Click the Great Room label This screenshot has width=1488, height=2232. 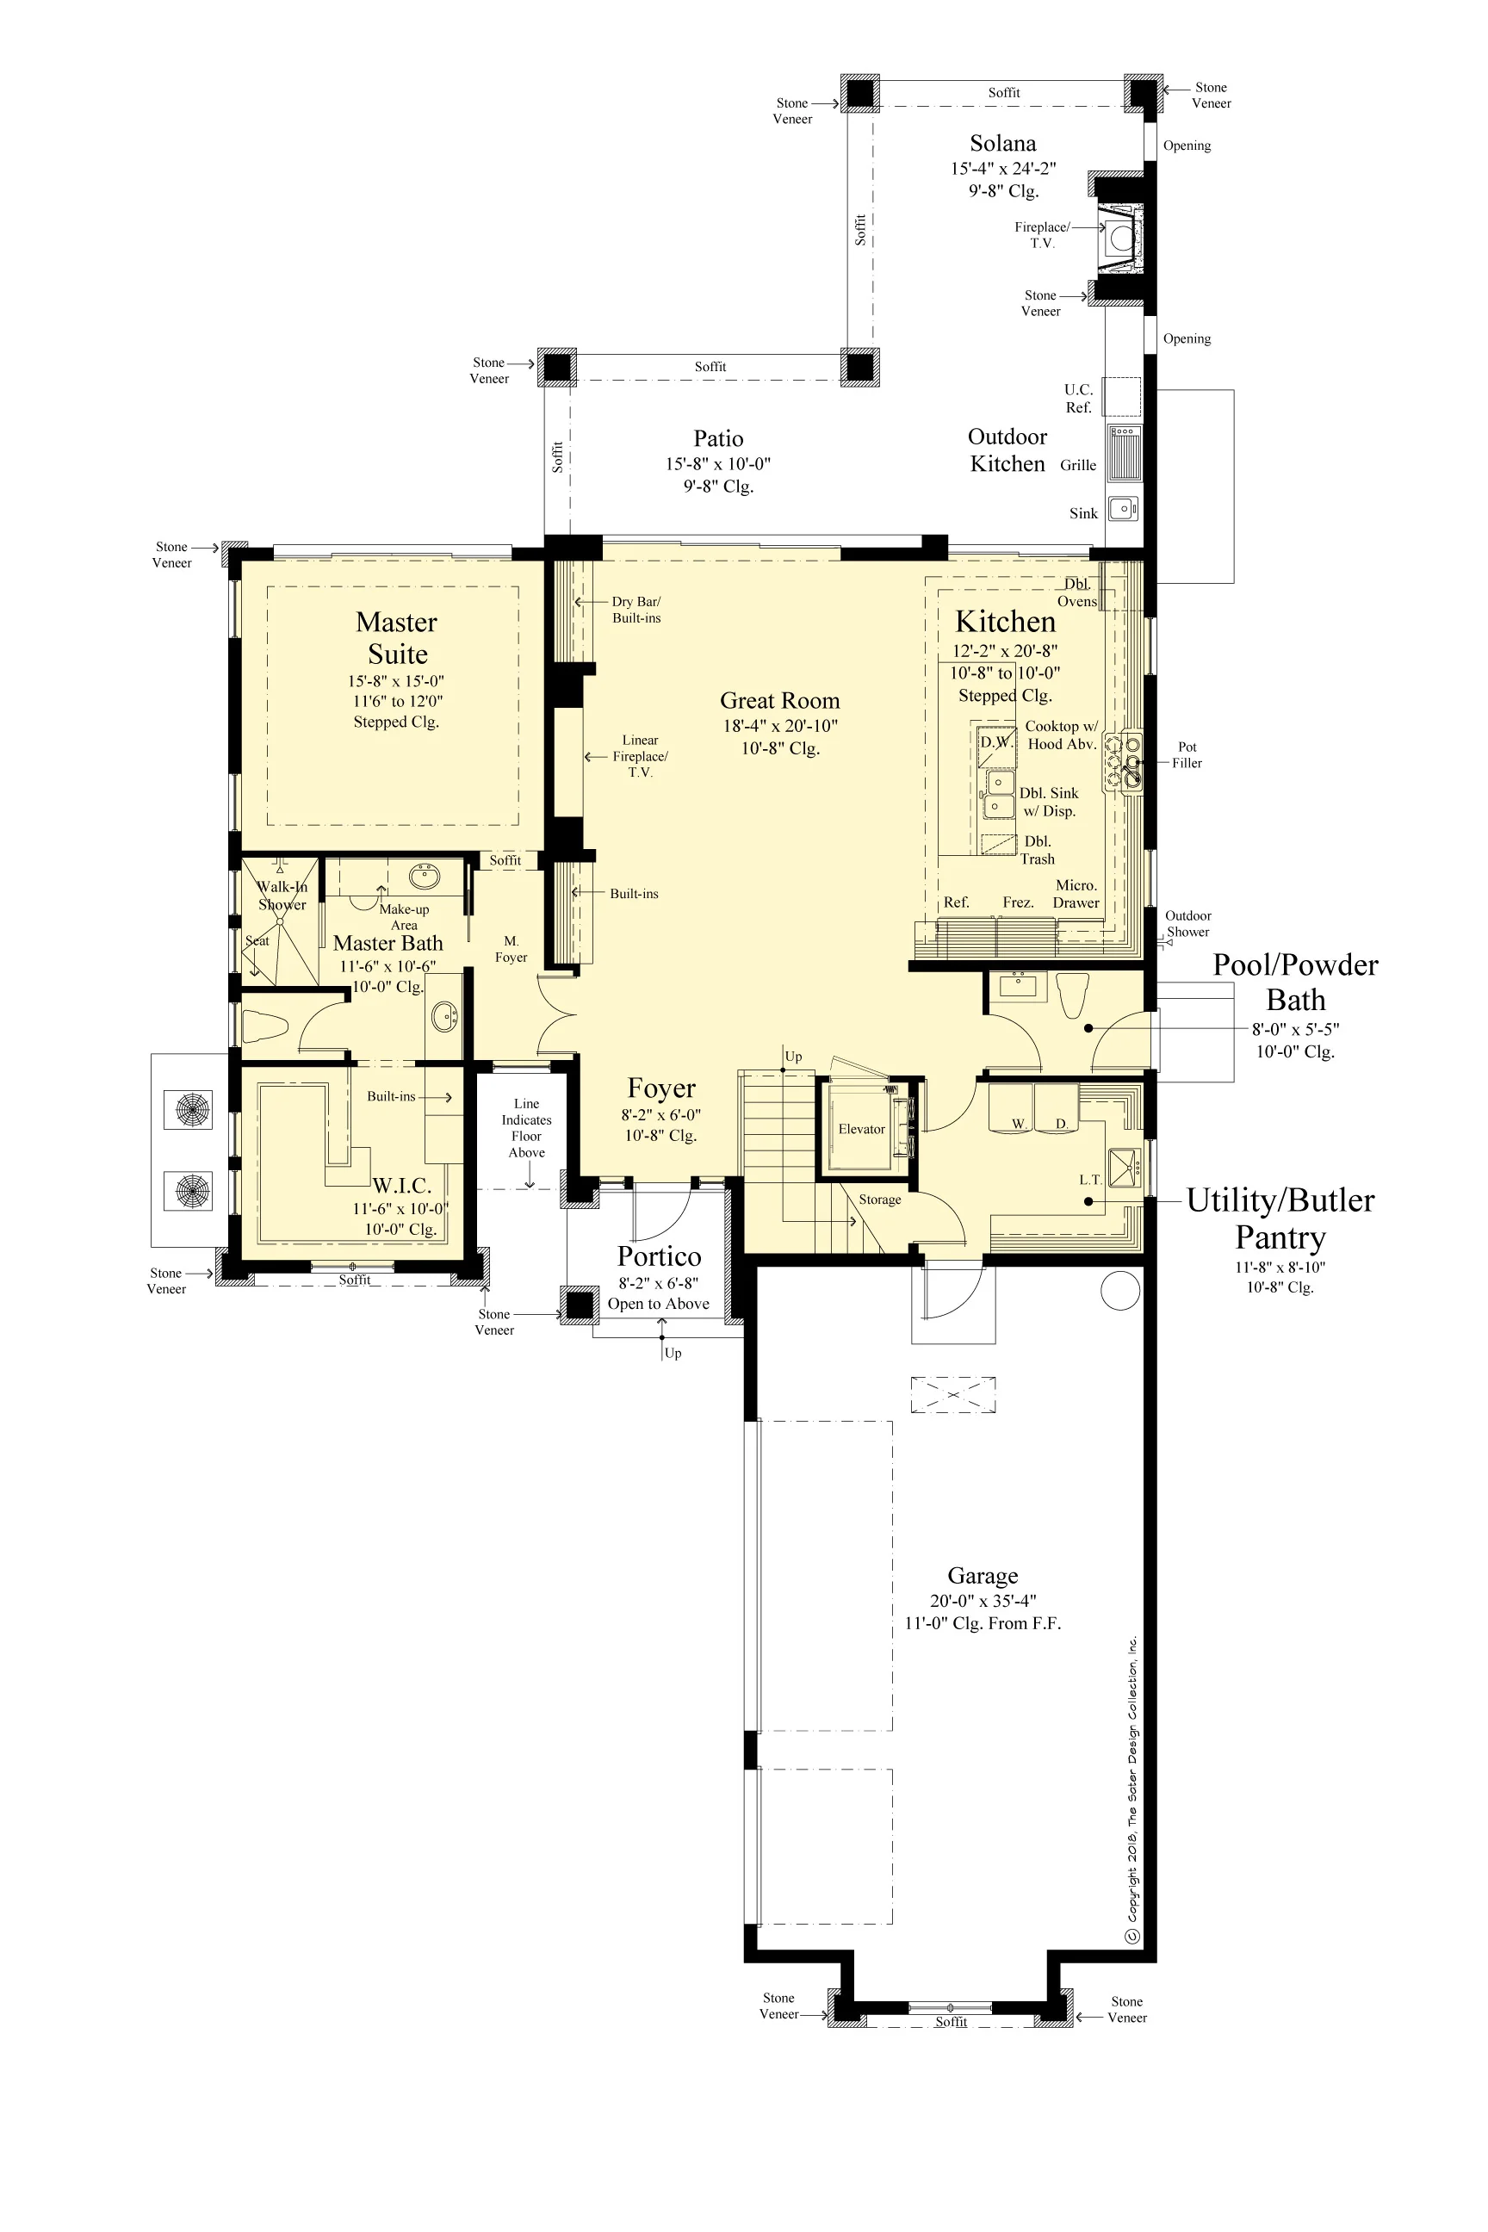780,700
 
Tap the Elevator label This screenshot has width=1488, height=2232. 861,1129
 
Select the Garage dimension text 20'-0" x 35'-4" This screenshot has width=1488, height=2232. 983,1600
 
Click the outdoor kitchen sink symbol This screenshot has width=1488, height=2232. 1124,509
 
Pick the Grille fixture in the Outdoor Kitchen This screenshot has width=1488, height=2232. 1125,454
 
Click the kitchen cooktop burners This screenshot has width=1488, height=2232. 1124,761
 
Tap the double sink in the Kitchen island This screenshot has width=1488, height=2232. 998,793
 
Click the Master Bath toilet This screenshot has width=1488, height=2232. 264,1026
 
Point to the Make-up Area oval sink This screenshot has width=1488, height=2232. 424,876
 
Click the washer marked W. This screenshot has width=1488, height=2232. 1012,1108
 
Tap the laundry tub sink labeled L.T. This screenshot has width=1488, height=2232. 1125,1168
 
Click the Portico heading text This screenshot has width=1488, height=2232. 660,1256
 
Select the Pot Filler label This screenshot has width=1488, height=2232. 1187,755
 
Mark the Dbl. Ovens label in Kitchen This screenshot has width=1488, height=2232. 1078,593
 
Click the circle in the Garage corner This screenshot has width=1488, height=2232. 1119,1292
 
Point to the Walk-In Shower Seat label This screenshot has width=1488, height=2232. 257,940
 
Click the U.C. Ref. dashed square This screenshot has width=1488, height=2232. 1122,397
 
